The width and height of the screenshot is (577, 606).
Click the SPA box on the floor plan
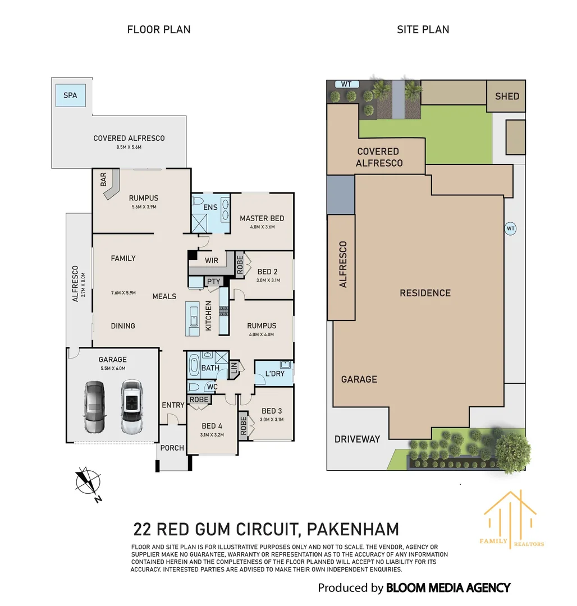pyautogui.click(x=70, y=95)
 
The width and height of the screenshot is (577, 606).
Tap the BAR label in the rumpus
pyautogui.click(x=103, y=180)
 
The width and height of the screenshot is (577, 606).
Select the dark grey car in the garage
pyautogui.click(x=94, y=407)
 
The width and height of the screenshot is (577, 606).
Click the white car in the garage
pyautogui.click(x=132, y=407)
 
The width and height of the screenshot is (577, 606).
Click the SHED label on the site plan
pyautogui.click(x=507, y=97)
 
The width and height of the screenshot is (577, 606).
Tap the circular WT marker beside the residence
pyautogui.click(x=511, y=228)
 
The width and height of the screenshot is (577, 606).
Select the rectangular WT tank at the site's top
pyautogui.click(x=347, y=84)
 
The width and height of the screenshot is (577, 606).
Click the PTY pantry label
pyautogui.click(x=214, y=281)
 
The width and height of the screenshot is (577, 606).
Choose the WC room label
pyautogui.click(x=212, y=387)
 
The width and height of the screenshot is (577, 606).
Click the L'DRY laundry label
pyautogui.click(x=275, y=374)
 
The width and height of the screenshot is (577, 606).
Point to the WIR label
pyautogui.click(x=212, y=260)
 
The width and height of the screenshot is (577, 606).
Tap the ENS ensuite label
pyautogui.click(x=210, y=207)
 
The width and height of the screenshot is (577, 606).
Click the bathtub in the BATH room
pyautogui.click(x=194, y=365)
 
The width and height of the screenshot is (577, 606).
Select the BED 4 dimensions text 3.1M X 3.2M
pyautogui.click(x=212, y=435)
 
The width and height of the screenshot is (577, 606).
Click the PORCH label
pyautogui.click(x=172, y=448)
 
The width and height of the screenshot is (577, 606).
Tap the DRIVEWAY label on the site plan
pyautogui.click(x=357, y=439)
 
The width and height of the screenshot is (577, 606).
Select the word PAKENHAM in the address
pyautogui.click(x=353, y=529)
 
